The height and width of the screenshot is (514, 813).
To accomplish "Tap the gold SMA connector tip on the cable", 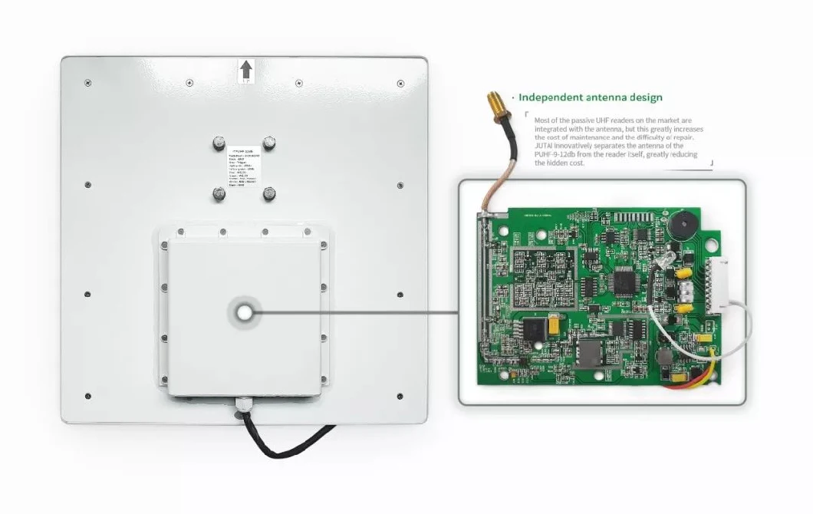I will [490, 100].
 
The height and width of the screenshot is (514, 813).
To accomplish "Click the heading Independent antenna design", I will [590, 97].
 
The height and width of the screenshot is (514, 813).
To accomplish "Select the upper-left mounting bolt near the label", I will [219, 143].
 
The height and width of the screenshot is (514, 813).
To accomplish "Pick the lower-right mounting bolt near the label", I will [269, 194].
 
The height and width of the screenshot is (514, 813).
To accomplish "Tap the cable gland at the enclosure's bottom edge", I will [245, 404].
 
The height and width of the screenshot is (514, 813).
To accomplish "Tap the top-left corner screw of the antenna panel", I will [87, 82].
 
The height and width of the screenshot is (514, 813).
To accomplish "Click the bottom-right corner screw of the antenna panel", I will [400, 396].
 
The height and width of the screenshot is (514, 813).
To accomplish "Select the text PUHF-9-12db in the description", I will [562, 154].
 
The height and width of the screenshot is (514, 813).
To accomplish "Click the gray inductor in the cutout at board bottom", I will [590, 353].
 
